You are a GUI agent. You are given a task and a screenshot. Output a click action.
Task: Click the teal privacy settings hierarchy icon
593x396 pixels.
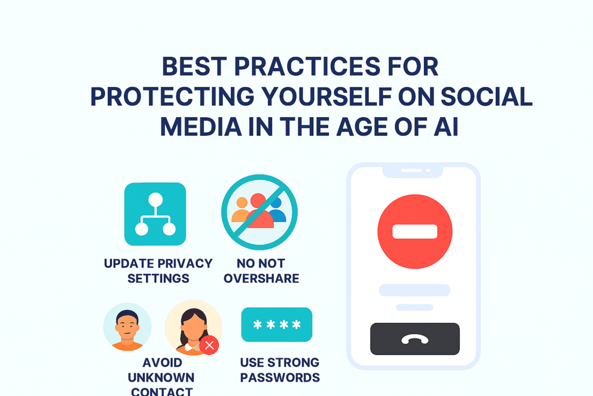[x=155, y=214]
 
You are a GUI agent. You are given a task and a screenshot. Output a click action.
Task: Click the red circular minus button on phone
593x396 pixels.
[x=415, y=231]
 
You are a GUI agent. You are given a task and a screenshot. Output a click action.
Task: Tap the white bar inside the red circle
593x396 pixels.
[x=415, y=232]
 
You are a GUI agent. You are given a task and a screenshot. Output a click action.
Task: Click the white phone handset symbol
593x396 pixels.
[x=415, y=339]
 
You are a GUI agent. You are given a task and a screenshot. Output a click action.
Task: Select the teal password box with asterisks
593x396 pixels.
[x=277, y=325]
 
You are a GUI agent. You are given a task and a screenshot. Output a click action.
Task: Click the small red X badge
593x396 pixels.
[x=209, y=346]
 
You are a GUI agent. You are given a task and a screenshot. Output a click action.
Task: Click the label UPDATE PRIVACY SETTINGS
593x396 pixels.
[x=158, y=271]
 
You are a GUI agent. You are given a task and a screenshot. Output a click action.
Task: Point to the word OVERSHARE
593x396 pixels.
[x=261, y=278]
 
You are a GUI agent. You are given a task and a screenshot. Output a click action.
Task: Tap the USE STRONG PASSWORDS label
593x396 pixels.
[x=280, y=370]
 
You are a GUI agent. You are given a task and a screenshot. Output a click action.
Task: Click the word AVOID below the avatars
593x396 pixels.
[x=162, y=363]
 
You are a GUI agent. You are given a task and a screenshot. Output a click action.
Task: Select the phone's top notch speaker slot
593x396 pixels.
[x=412, y=170]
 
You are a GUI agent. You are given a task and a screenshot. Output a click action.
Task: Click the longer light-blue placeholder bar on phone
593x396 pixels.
[x=414, y=290]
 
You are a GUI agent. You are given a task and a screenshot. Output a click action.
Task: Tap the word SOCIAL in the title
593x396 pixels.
[x=486, y=96]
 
